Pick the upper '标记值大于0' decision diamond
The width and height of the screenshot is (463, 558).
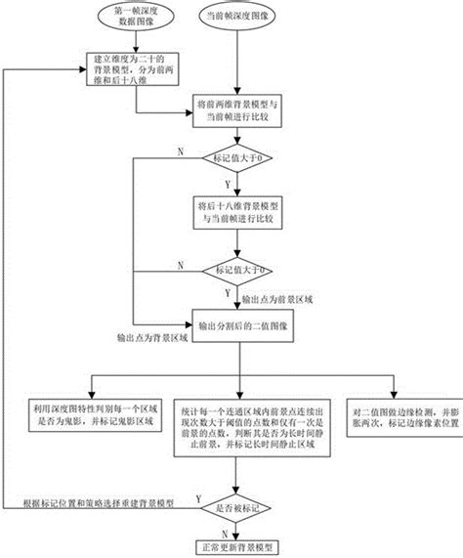coord(236,157)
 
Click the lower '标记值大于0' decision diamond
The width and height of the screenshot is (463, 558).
coord(237,269)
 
